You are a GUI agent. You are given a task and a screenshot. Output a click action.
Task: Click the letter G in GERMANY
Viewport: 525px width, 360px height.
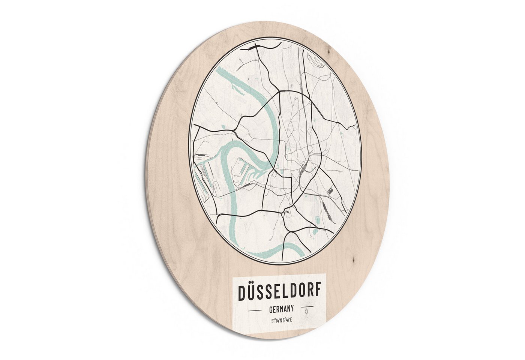(x=271, y=311)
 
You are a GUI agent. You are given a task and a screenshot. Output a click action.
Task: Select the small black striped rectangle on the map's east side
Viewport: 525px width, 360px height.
(x=330, y=190)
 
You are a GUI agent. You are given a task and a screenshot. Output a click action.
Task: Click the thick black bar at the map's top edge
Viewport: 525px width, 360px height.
(x=252, y=47)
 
